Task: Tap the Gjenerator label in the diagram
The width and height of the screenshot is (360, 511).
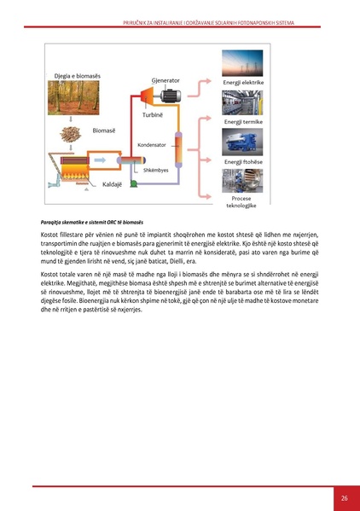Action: (165, 80)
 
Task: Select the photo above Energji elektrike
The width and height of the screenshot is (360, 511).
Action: (243, 64)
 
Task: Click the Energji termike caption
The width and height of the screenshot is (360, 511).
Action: (243, 122)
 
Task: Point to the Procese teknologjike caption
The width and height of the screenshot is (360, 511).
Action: (243, 202)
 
